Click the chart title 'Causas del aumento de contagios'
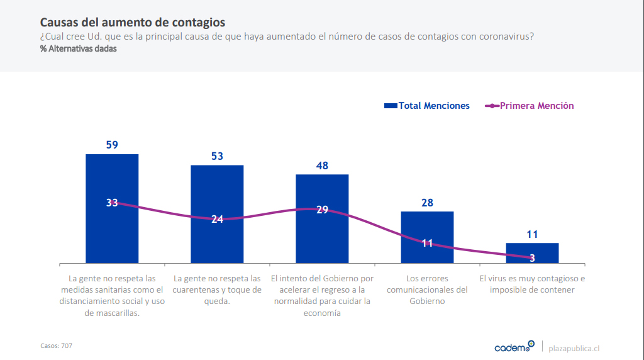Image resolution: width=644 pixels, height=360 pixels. click(x=132, y=23)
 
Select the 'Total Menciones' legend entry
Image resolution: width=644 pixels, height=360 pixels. click(x=427, y=106)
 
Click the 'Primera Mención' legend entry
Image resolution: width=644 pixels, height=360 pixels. click(x=530, y=106)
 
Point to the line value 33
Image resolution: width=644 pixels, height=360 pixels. click(x=112, y=203)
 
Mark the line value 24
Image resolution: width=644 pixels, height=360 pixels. click(x=217, y=220)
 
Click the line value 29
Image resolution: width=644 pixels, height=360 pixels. click(x=322, y=210)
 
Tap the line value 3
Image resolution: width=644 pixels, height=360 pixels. click(x=532, y=257)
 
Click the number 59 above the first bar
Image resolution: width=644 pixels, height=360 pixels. click(x=112, y=145)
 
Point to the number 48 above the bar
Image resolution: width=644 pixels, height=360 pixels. click(x=322, y=166)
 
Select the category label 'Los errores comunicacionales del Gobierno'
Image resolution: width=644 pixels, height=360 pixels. click(x=427, y=290)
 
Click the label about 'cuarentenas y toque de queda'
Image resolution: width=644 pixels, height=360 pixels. click(x=217, y=290)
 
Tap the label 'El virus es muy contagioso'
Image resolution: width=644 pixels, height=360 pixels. click(x=532, y=284)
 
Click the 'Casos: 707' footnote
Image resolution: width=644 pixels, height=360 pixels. click(x=56, y=346)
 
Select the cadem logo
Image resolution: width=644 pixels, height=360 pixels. click(x=514, y=347)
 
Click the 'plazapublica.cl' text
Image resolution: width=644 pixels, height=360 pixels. click(x=574, y=347)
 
